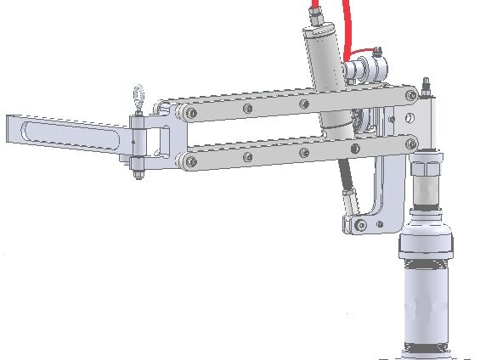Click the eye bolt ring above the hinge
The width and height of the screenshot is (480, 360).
click(136, 96)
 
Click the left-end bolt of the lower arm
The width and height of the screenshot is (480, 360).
click(189, 160)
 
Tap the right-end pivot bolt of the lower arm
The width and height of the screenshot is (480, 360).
click(411, 143)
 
